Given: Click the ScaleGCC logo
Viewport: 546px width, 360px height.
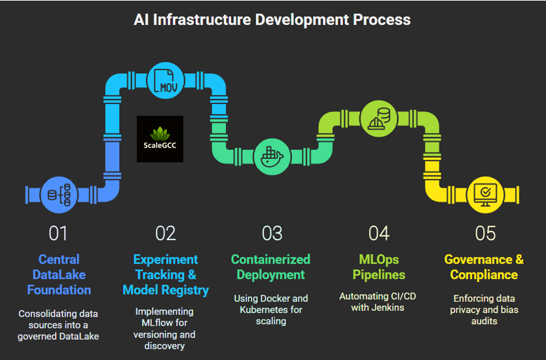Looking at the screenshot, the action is [160, 139].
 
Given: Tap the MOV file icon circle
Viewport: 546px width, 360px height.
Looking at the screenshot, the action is [166, 81].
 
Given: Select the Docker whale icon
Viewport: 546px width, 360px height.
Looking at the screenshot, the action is [272, 156].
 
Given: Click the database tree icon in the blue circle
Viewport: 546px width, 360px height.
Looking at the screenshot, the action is [59, 194].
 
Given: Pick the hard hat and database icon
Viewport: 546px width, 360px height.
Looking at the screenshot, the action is [378, 118].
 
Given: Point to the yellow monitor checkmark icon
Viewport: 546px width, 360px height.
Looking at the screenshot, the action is [485, 194].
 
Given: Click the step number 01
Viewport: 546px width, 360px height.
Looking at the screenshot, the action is [58, 233].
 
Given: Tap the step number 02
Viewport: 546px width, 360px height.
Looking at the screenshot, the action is [166, 233].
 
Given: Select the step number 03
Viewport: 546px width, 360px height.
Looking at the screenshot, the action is [272, 233].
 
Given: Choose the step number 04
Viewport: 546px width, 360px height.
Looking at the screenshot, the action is [379, 233].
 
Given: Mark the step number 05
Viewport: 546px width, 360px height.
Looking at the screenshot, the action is [485, 233].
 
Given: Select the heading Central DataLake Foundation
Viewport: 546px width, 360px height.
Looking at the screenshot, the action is [59, 275].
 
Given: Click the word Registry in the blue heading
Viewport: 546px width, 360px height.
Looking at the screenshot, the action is [185, 291].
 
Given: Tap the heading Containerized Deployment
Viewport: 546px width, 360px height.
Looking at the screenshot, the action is [271, 267].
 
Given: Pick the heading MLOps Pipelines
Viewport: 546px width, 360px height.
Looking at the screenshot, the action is [379, 267].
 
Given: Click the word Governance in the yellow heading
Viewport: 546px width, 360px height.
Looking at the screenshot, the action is [479, 259].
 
